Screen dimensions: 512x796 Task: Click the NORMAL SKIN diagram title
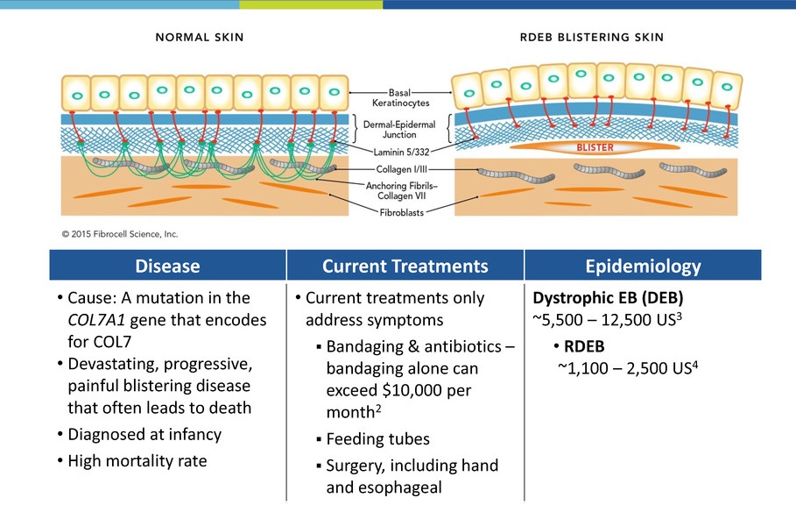point(199,38)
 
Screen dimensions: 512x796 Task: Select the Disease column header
point(166,266)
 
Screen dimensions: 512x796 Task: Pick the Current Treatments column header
point(405,266)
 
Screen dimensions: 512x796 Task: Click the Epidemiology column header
point(656,266)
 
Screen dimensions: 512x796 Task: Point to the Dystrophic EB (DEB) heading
point(606,298)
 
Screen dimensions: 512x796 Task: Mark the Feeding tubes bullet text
point(377,437)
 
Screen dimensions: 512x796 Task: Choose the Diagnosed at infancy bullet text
point(144,434)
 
